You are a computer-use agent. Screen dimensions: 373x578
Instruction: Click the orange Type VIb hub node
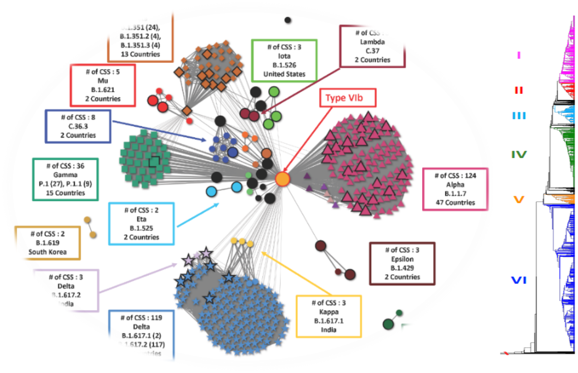click(x=282, y=179)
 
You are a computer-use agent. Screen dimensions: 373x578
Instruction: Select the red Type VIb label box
click(x=348, y=98)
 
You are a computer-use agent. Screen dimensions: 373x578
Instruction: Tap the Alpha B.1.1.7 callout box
click(x=455, y=189)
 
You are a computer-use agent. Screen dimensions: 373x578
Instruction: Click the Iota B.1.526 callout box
click(x=284, y=60)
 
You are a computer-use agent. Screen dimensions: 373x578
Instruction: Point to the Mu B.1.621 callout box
click(x=103, y=85)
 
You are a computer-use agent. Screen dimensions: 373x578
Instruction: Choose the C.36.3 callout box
click(x=78, y=126)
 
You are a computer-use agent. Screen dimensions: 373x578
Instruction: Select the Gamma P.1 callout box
click(x=65, y=179)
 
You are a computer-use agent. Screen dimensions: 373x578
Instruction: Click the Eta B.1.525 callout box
click(x=141, y=224)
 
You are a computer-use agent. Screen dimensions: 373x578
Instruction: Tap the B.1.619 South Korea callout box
click(x=47, y=243)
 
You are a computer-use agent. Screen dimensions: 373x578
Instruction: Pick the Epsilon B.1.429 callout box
click(x=402, y=264)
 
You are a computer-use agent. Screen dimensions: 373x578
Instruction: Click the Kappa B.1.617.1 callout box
click(x=329, y=316)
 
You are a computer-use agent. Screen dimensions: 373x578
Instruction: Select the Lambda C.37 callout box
click(x=372, y=46)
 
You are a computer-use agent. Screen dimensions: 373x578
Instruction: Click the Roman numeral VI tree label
click(x=519, y=280)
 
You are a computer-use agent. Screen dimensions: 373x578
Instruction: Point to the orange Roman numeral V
click(x=519, y=200)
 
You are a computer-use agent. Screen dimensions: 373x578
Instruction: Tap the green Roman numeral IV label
click(x=519, y=154)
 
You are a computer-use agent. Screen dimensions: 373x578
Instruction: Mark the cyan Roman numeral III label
click(x=519, y=116)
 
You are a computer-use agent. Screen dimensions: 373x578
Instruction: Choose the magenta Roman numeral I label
click(x=519, y=55)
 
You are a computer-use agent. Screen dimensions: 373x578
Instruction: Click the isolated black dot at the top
click(x=288, y=20)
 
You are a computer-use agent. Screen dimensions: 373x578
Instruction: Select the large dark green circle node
click(x=388, y=324)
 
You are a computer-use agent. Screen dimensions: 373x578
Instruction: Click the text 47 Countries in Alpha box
click(x=455, y=203)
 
